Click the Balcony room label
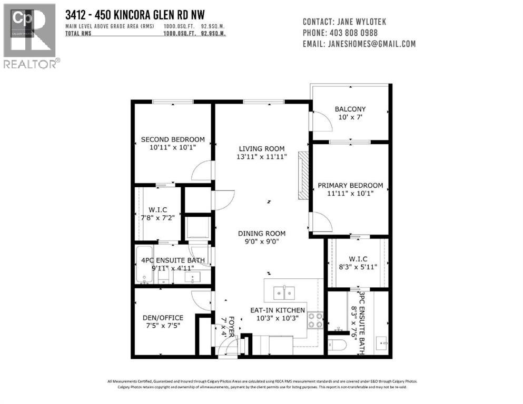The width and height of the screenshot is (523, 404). click(x=350, y=109)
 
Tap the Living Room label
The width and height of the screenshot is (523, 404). click(x=262, y=148)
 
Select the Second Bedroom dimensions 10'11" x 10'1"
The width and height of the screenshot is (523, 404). click(x=172, y=148)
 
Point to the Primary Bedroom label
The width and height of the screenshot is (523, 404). click(x=350, y=186)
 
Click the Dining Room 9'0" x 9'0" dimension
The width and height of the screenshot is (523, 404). click(x=261, y=242)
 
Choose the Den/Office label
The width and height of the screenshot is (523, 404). click(x=163, y=318)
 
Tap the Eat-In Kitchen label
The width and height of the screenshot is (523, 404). click(x=277, y=310)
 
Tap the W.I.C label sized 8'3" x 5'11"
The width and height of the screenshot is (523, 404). click(x=358, y=258)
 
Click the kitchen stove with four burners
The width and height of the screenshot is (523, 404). click(x=315, y=320)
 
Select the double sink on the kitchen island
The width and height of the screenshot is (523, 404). click(x=283, y=291)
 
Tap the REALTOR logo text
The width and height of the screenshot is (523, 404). click(x=31, y=64)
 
